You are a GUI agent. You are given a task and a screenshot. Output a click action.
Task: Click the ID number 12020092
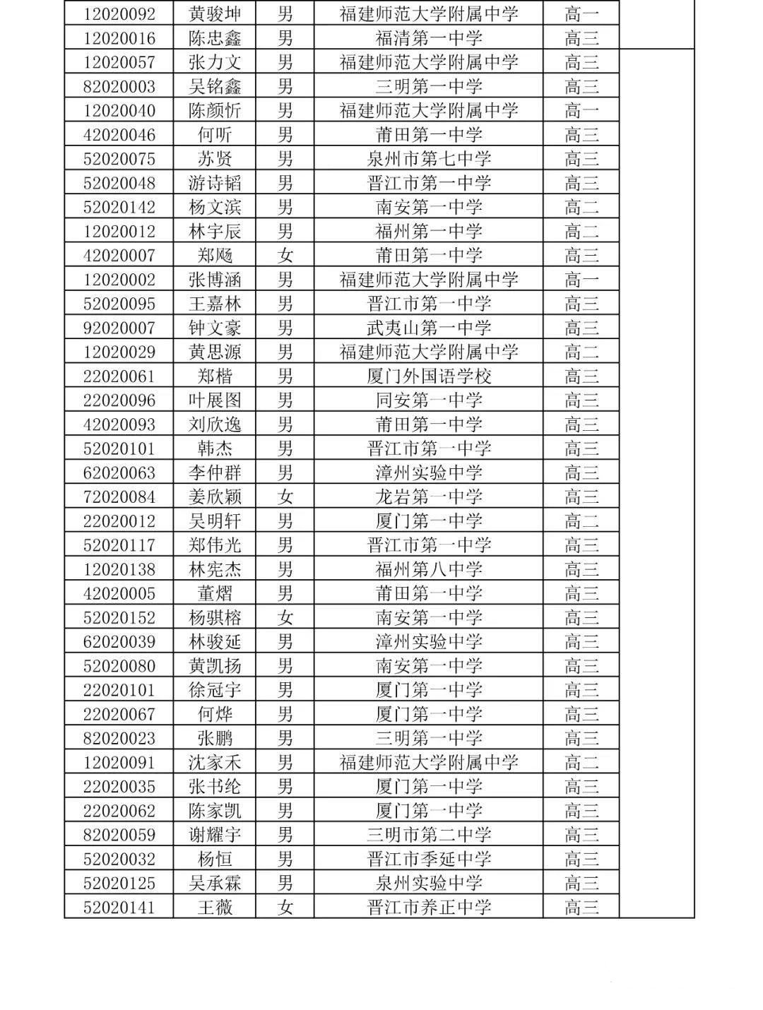point(119,14)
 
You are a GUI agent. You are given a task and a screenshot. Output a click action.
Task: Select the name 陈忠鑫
point(215,38)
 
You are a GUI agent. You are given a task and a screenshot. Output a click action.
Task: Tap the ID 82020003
point(119,87)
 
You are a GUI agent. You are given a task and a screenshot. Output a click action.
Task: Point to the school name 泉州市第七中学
point(428,159)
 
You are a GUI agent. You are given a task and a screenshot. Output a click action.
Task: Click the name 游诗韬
point(215,184)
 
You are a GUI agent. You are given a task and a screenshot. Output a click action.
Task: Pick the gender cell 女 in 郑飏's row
point(285,256)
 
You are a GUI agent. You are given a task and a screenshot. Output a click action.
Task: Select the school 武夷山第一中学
point(428,328)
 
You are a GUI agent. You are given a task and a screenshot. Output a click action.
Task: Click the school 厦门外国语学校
point(428,376)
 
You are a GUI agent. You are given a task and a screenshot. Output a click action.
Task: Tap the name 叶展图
point(215,400)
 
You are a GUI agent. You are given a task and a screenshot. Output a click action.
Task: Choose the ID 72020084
point(119,497)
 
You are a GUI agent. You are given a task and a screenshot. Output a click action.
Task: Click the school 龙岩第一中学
point(428,497)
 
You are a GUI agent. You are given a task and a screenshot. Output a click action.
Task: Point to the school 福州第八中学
point(428,569)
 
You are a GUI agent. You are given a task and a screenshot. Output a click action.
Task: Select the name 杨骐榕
point(215,618)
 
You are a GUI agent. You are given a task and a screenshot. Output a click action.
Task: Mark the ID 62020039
point(119,642)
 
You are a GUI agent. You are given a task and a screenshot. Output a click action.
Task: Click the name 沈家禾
point(215,763)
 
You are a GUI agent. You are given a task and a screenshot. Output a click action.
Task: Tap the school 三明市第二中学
point(428,835)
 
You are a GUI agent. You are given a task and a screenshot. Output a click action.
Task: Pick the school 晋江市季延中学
point(428,860)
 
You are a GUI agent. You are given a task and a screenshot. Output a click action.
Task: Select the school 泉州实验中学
point(428,884)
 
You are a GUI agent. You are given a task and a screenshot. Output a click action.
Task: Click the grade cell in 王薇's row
point(581,908)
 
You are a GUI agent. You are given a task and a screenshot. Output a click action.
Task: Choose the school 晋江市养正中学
point(428,908)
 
